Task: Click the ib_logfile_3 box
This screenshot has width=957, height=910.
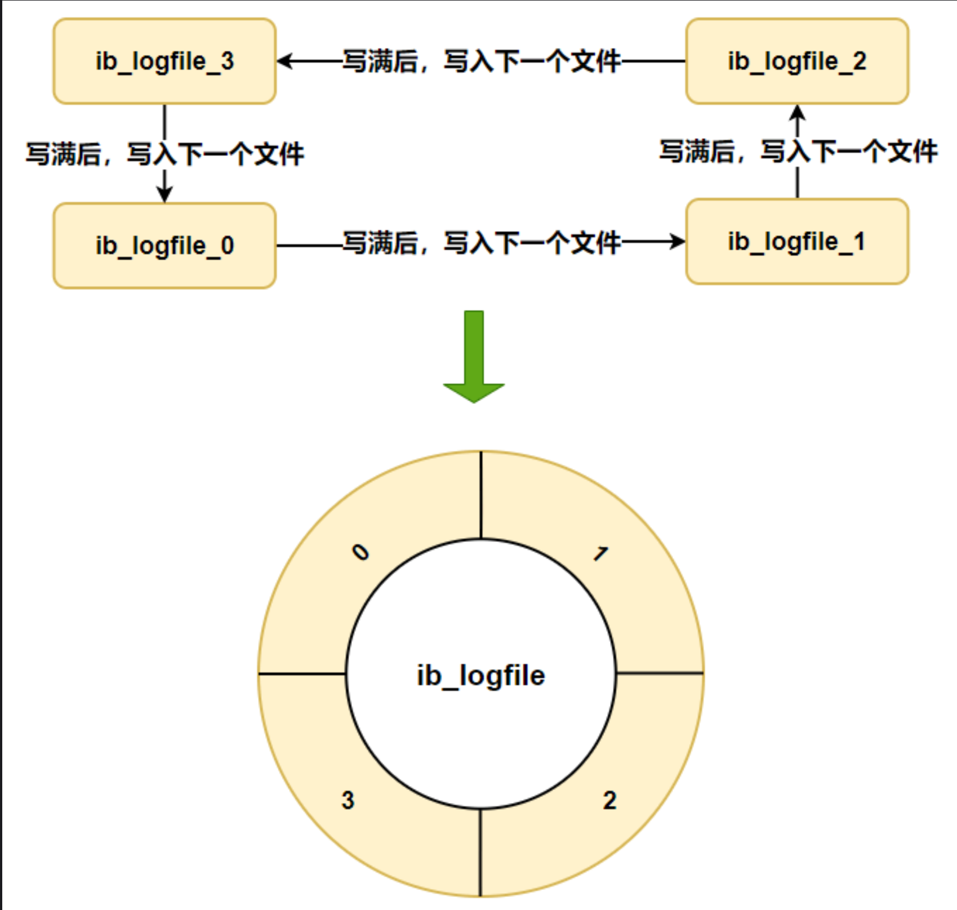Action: [x=164, y=61]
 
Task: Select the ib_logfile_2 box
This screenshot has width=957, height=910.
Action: [x=797, y=61]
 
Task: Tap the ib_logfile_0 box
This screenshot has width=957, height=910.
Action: [x=164, y=246]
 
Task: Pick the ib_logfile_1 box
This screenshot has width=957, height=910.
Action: [x=797, y=242]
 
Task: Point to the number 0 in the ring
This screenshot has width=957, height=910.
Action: [x=360, y=552]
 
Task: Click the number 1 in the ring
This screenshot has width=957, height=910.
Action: [x=601, y=554]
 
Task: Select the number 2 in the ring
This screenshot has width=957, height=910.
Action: [x=609, y=800]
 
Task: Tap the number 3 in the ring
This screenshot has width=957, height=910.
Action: [x=348, y=800]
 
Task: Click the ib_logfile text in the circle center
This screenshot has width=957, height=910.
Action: [x=480, y=675]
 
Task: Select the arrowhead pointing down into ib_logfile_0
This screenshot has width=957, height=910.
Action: [x=164, y=194]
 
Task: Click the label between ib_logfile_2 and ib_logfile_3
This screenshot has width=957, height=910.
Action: [x=481, y=61]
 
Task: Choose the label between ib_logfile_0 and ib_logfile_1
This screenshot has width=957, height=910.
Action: [x=481, y=243]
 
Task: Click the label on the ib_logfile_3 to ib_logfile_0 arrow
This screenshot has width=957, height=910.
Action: [x=164, y=154]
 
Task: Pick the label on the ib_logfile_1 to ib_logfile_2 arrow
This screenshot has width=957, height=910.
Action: [x=798, y=152]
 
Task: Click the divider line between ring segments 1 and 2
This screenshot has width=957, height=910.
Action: [x=660, y=673]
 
